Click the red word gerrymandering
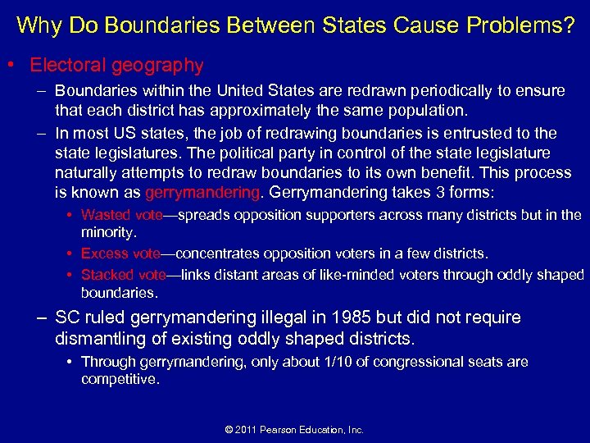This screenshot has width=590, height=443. [x=202, y=192]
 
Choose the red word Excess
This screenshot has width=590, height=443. [x=104, y=254]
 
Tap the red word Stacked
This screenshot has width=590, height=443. [x=107, y=275]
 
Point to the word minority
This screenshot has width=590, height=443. [x=107, y=232]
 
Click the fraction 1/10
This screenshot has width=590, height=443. [x=338, y=362]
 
